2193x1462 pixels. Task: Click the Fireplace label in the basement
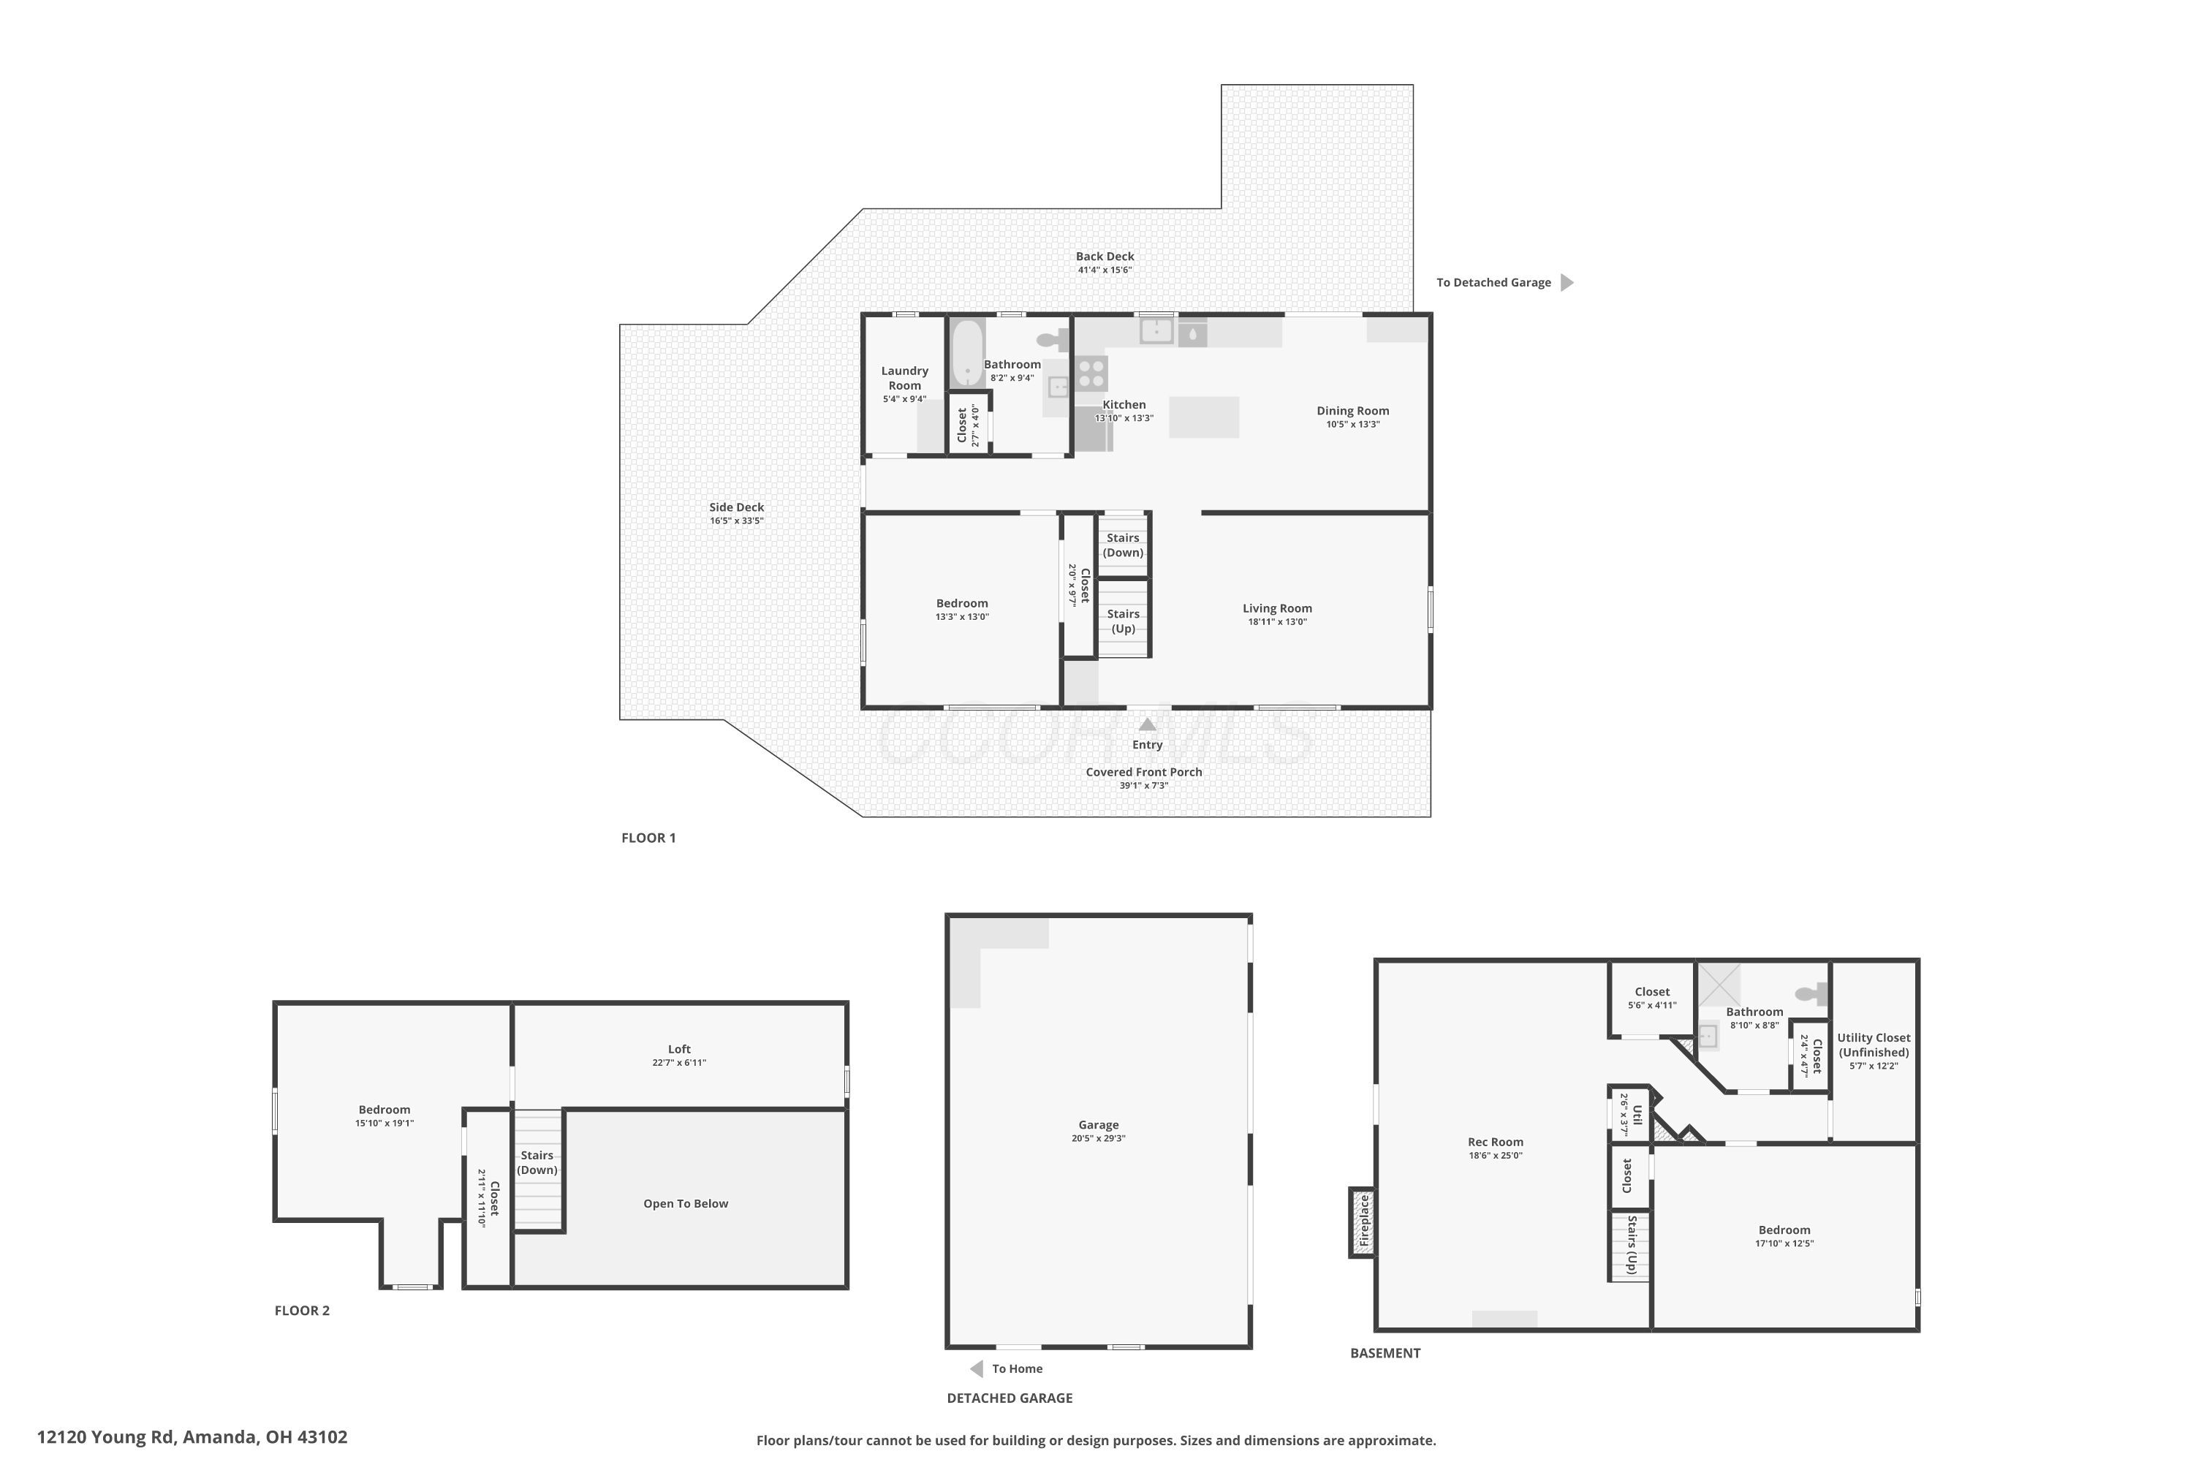(x=1363, y=1221)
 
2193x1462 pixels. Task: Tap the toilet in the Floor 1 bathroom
(x=1053, y=339)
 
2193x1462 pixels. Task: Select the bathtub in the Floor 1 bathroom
(x=968, y=353)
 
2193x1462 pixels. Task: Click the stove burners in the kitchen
(x=1091, y=373)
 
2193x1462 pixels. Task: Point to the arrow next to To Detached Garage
(x=1567, y=282)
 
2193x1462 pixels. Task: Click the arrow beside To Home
(x=976, y=1368)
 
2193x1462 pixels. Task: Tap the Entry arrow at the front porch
(x=1148, y=724)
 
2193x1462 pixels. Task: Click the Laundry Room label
(x=904, y=378)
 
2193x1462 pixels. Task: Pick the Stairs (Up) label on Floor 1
(x=1124, y=621)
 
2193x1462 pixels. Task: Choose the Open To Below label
(x=686, y=1204)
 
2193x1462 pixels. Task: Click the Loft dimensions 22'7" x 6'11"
(x=679, y=1063)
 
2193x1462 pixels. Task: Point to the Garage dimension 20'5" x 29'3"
(x=1099, y=1138)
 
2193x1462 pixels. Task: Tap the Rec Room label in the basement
(x=1496, y=1142)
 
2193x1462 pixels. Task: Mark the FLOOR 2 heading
(x=302, y=1311)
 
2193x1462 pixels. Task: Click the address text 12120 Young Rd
(x=106, y=1437)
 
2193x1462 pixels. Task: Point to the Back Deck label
(x=1105, y=257)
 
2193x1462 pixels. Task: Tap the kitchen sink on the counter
(x=1156, y=330)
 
